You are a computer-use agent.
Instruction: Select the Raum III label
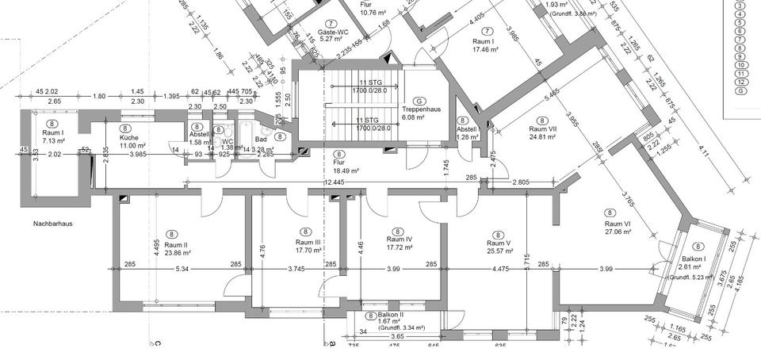tap(308, 242)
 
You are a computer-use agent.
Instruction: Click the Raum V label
tap(498, 243)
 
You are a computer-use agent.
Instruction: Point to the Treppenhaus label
tap(420, 109)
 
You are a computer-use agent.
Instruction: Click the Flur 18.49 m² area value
tap(346, 170)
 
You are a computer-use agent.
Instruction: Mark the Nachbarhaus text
tap(53, 224)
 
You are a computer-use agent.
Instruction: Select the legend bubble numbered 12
tap(740, 82)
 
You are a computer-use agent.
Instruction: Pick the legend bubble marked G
tap(740, 90)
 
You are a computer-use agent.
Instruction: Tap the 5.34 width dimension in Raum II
tap(182, 268)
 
